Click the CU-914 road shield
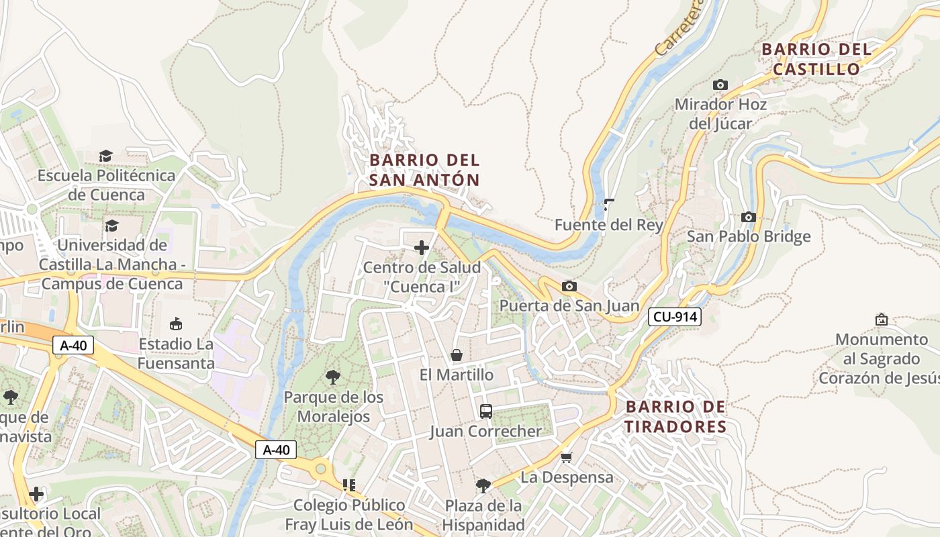(x=675, y=318)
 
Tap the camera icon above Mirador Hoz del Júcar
(x=720, y=85)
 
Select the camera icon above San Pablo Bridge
(x=748, y=217)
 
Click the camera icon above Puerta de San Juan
(x=569, y=287)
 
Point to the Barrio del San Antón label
(x=424, y=170)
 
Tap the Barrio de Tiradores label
(x=676, y=416)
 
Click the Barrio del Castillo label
(x=816, y=59)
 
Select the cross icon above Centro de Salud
(x=422, y=248)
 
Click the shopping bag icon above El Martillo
(x=457, y=354)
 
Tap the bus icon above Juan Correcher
(x=485, y=411)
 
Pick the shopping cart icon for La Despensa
(x=566, y=457)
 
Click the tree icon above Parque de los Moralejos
(x=332, y=377)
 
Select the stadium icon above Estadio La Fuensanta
(x=176, y=324)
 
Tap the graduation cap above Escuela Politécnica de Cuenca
(x=106, y=156)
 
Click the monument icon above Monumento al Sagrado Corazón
(x=882, y=320)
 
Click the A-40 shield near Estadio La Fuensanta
(x=73, y=346)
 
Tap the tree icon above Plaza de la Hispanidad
(x=483, y=485)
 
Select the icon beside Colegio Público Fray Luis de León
(x=348, y=485)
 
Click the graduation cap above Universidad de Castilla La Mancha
(x=111, y=226)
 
